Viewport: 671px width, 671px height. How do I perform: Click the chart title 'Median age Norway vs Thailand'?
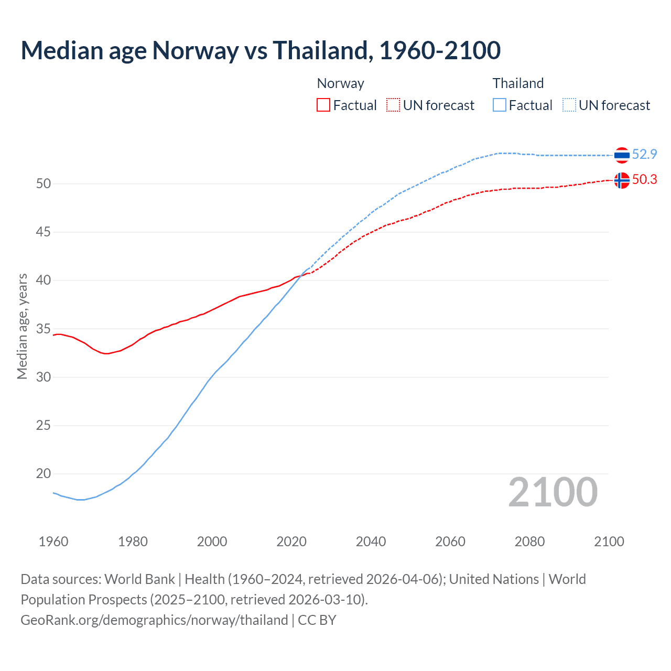261,50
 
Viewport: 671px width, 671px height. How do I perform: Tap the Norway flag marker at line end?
621,180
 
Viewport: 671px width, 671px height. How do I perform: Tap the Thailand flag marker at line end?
621,155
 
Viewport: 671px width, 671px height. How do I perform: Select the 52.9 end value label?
644,154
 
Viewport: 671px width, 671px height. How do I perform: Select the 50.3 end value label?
644,179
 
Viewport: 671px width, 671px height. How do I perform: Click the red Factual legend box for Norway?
323,105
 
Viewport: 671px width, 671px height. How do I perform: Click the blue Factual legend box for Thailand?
500,105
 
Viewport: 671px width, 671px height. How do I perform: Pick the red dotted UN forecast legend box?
393,105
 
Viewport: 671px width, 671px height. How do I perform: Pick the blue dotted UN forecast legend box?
569,105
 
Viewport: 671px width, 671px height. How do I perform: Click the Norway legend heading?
340,83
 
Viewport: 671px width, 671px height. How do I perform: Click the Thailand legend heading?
518,83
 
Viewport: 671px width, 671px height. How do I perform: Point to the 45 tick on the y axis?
43,232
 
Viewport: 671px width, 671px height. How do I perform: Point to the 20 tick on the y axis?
43,473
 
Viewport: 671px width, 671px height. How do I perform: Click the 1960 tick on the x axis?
53,542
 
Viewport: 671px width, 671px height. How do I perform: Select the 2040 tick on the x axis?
371,542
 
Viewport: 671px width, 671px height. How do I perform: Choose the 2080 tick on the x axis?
529,542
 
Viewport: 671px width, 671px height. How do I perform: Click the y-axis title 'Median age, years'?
22,326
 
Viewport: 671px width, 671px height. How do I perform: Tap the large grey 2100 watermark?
553,492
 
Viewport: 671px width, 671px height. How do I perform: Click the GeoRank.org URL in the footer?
154,620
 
